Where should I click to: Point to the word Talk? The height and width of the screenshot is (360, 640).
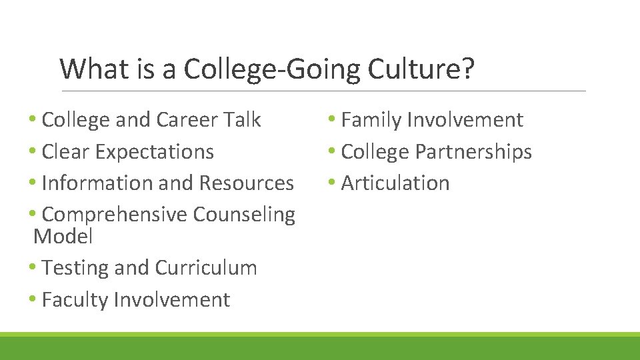point(241,120)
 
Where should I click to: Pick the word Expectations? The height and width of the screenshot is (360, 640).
point(154,152)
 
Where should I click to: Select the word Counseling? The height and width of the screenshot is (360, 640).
point(244,215)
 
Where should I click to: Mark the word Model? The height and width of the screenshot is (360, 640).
point(63,236)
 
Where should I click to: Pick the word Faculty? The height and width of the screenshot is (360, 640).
point(75,301)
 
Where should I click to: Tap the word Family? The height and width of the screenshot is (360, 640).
point(371,120)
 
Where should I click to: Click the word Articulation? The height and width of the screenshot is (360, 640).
point(395,183)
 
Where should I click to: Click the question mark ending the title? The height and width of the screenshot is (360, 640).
point(468,69)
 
